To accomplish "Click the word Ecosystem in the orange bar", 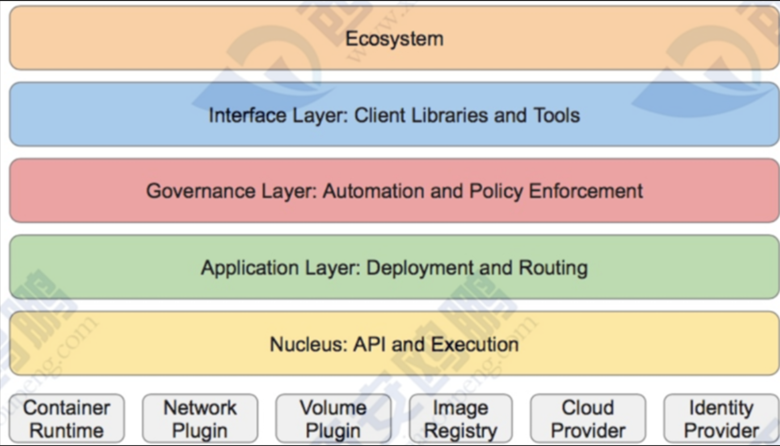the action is coord(394,39).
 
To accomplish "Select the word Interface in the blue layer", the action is coord(248,115).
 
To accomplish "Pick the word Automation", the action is coord(373,191).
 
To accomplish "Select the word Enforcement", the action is coord(586,191).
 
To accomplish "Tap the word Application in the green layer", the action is coord(250,268).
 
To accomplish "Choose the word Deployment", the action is coord(419,268).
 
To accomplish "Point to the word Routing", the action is coord(553,268).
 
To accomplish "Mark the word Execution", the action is coord(475,344).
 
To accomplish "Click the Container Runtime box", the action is coord(67,419).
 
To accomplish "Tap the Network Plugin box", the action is coord(200,419).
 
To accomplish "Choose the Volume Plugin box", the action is coord(333,419).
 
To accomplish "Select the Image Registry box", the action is coord(460,419).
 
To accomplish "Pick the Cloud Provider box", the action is coord(588,419).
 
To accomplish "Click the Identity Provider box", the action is coord(721,419).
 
